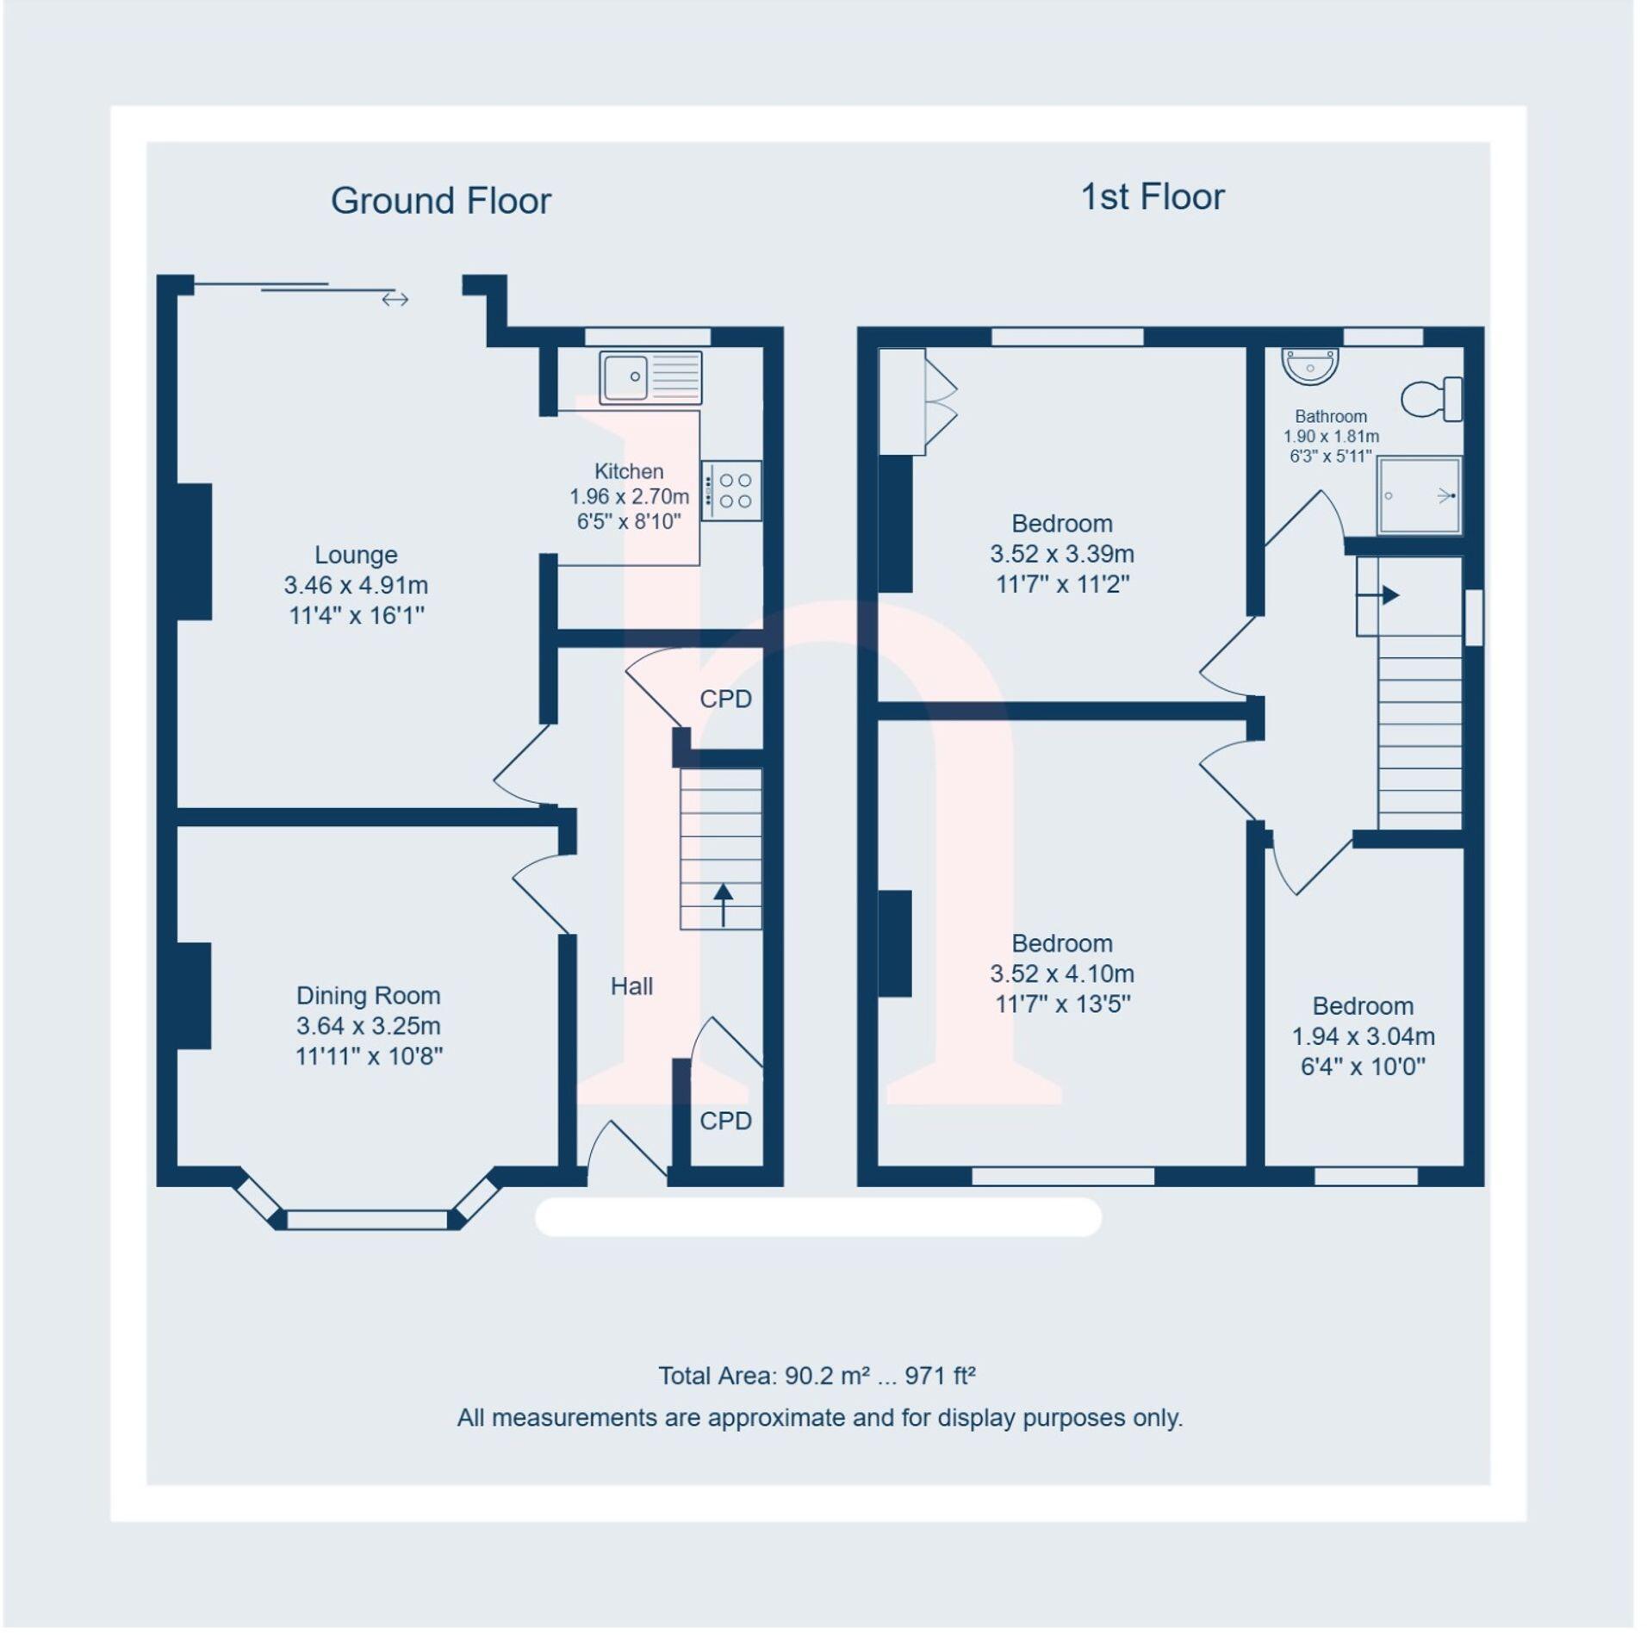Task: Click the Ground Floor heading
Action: click(440, 201)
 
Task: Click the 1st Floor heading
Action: click(1152, 196)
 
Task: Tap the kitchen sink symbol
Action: click(651, 377)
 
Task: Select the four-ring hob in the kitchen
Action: click(731, 491)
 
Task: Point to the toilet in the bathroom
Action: click(1432, 400)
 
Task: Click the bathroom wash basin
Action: click(1309, 365)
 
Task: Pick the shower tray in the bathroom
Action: click(1419, 495)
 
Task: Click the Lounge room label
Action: click(355, 555)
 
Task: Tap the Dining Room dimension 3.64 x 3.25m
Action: click(368, 1026)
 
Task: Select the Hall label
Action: click(631, 986)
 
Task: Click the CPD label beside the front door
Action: click(725, 1121)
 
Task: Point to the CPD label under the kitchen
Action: click(725, 699)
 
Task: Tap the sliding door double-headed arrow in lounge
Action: click(395, 299)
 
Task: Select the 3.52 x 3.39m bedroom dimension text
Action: click(1061, 553)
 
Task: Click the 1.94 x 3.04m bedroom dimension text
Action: click(1362, 1036)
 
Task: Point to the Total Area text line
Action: click(816, 1376)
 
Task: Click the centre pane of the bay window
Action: click(367, 1219)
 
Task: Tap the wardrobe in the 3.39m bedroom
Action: click(902, 401)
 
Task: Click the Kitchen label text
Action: click(629, 471)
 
